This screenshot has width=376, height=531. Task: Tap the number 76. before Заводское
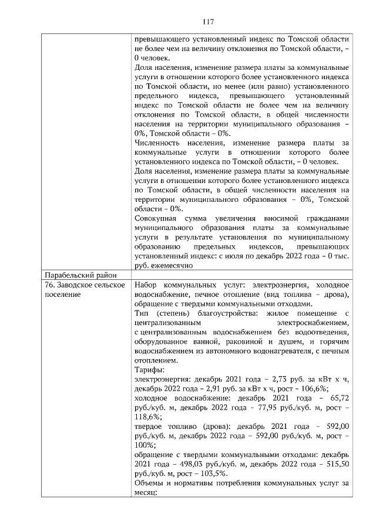click(x=51, y=285)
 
